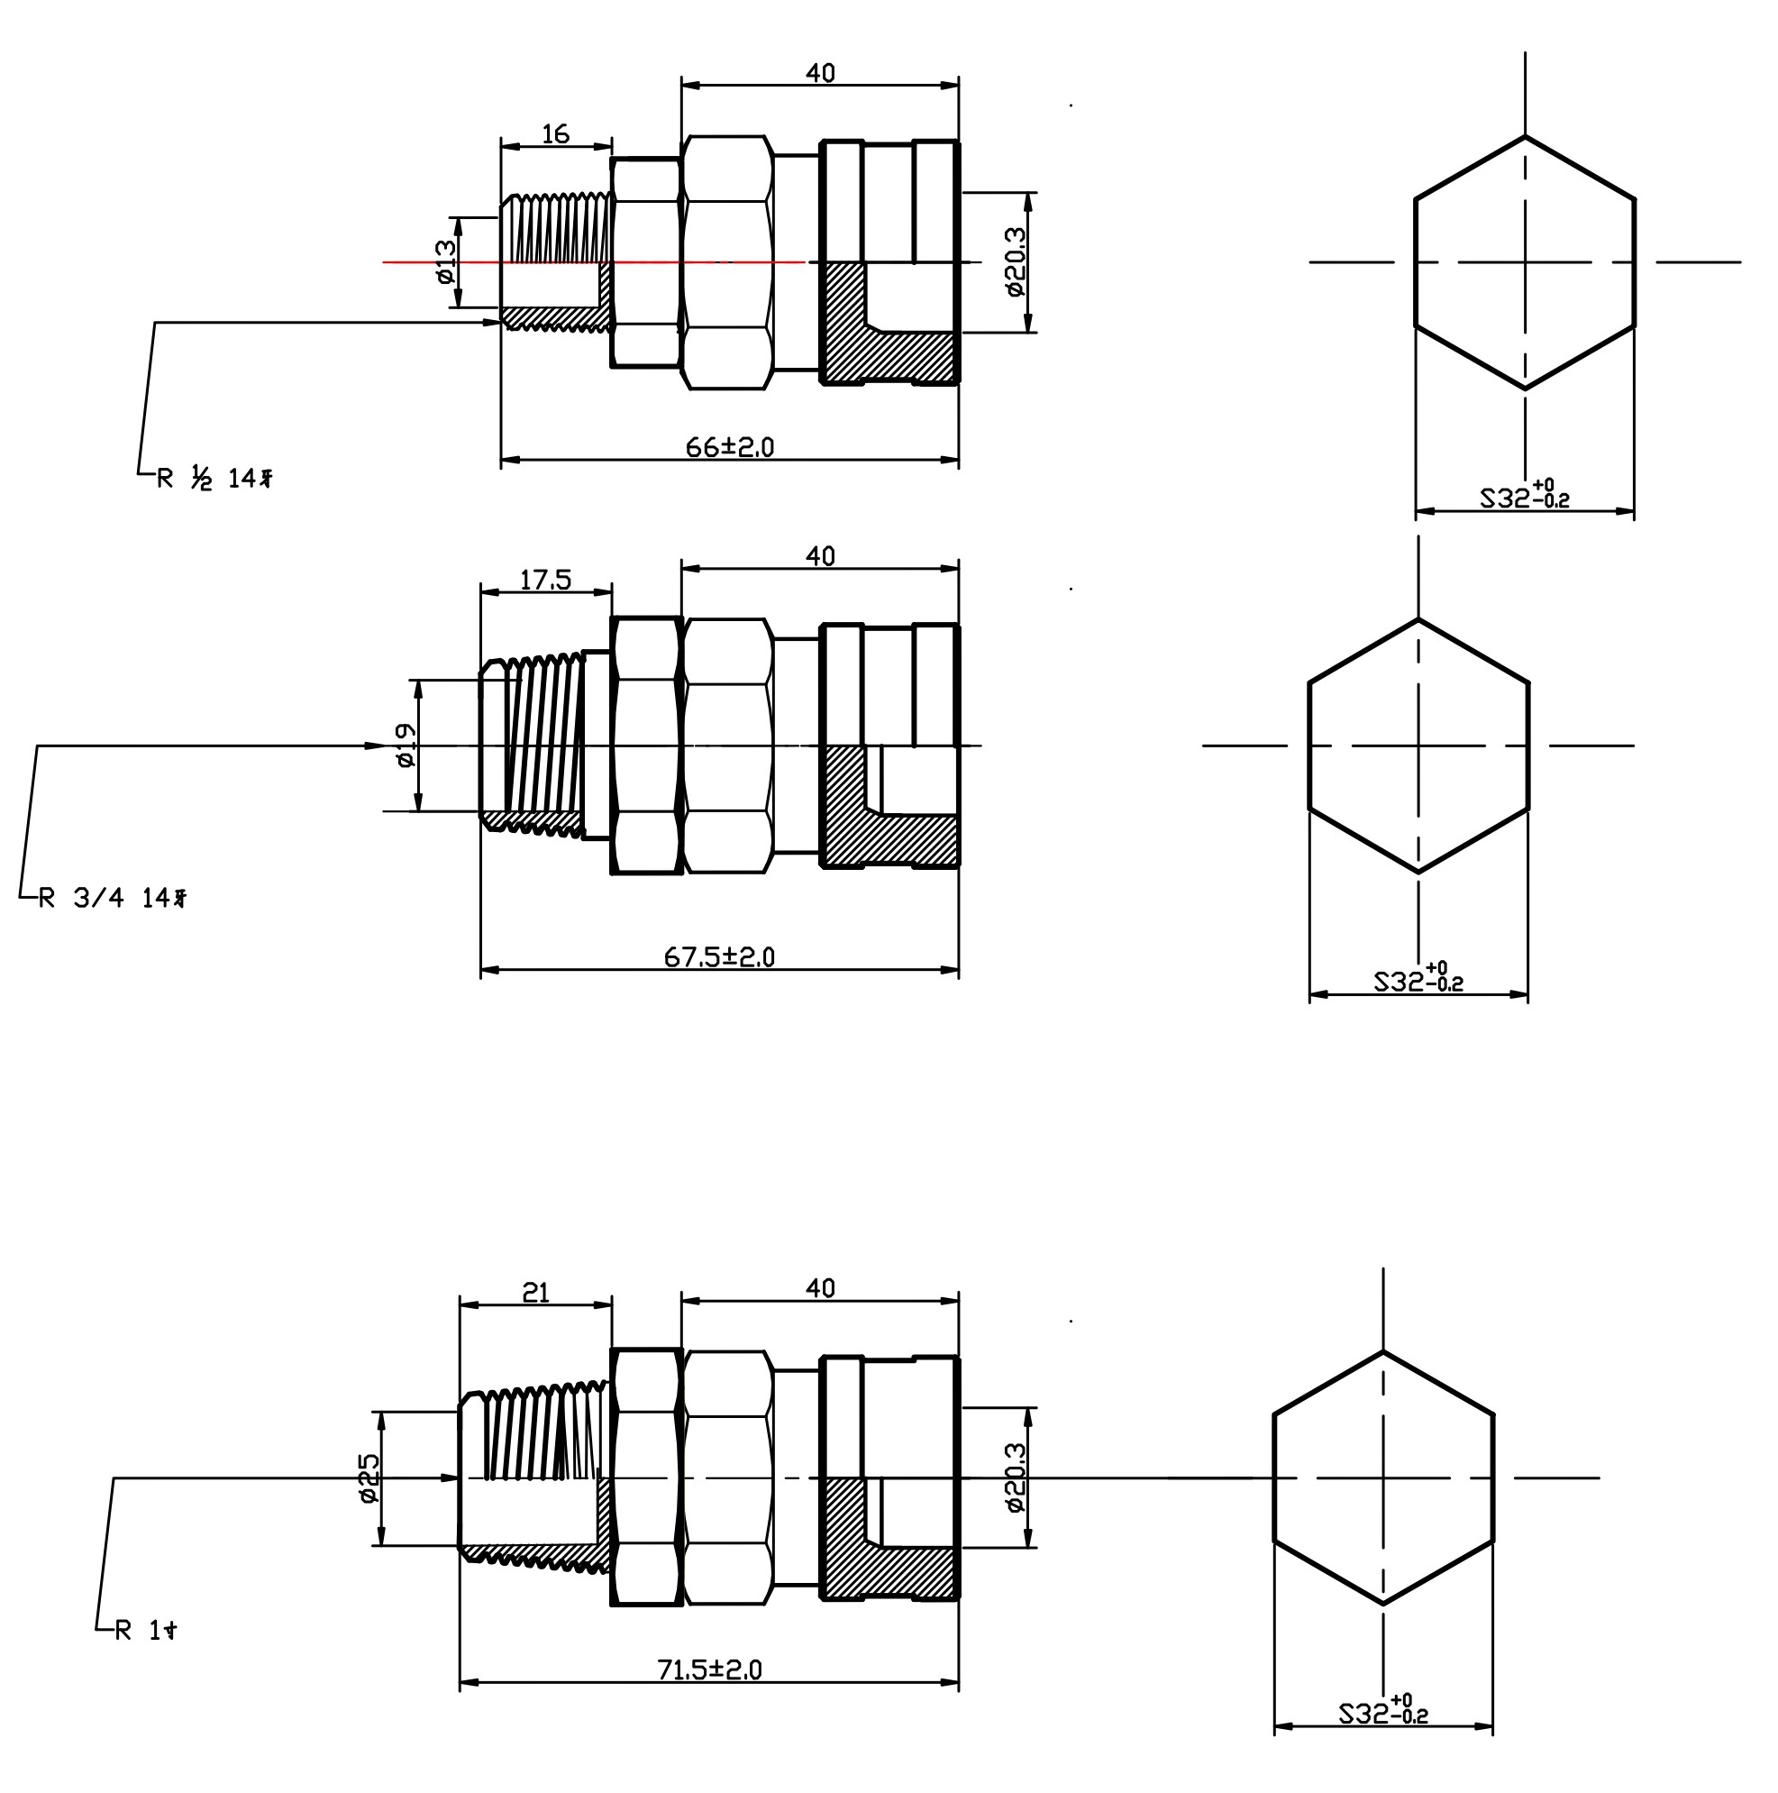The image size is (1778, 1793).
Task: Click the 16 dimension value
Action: pos(555,134)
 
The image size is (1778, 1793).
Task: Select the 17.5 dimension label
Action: pos(544,580)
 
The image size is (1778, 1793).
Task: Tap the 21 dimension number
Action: pos(535,1292)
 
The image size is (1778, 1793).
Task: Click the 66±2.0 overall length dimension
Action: pos(729,447)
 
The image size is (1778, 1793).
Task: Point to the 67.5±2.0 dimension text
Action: pos(718,956)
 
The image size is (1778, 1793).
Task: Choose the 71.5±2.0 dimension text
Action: pos(709,1670)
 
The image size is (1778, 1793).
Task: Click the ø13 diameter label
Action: pos(445,261)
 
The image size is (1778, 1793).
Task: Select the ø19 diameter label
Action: pos(406,746)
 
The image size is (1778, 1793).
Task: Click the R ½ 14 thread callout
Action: pos(214,479)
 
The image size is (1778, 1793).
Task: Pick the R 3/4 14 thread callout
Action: pos(113,898)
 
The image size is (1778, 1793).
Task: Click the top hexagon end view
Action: pos(1524,262)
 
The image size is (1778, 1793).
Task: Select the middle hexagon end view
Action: pos(1417,746)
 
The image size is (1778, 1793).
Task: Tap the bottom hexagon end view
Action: pos(1382,1477)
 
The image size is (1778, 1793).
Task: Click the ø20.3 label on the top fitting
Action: pos(1015,261)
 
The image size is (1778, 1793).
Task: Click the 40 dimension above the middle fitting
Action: pos(819,556)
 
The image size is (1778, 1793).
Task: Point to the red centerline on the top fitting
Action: pos(594,262)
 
